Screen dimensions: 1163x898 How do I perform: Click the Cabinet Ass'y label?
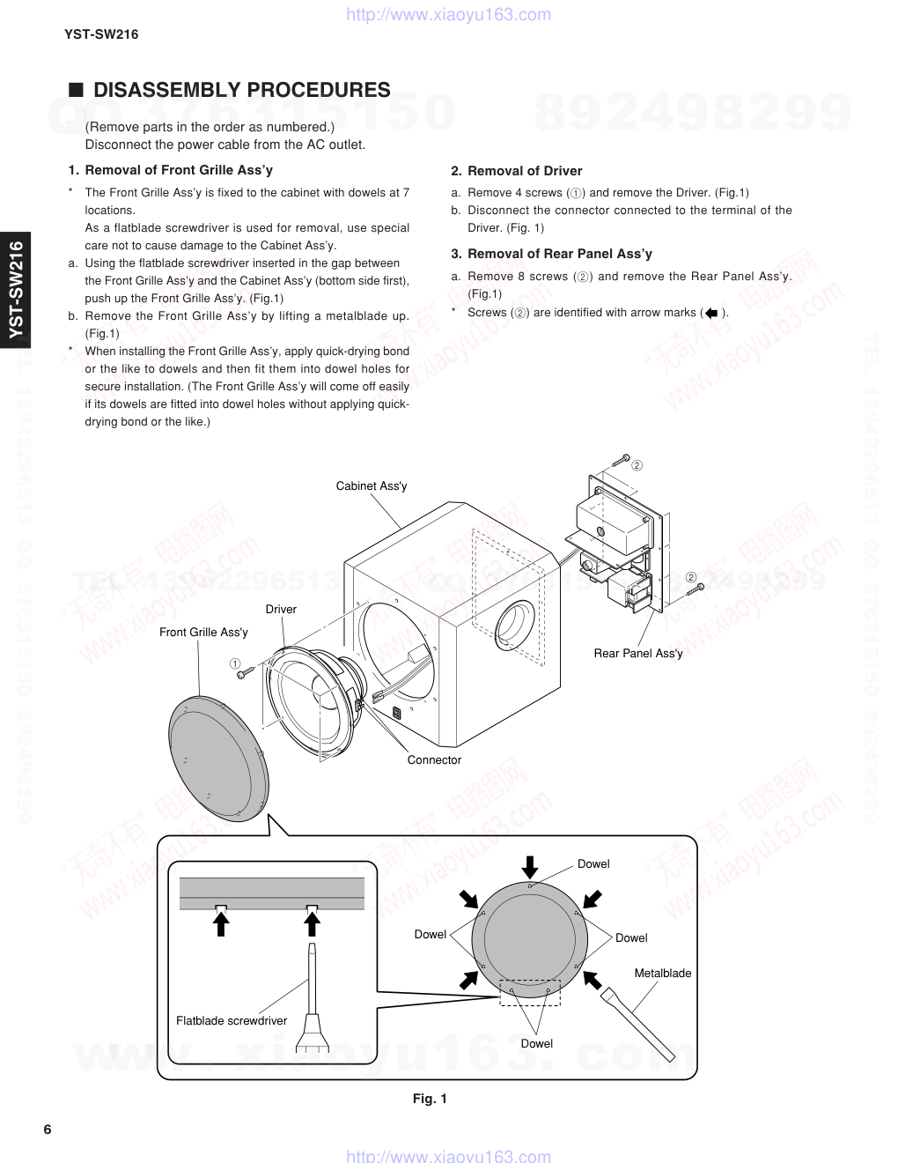pyautogui.click(x=372, y=486)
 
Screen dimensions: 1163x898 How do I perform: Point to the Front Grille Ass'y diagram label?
pyautogui.click(x=203, y=633)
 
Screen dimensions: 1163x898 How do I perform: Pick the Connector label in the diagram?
pyautogui.click(x=434, y=760)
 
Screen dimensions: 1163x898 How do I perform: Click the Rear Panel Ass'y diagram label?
pyautogui.click(x=638, y=654)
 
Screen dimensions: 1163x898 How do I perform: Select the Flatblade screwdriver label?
pyautogui.click(x=232, y=1021)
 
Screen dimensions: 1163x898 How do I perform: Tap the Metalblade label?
pyautogui.click(x=663, y=974)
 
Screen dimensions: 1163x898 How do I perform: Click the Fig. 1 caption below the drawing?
pyautogui.click(x=431, y=1099)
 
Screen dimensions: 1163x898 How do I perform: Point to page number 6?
pyautogui.click(x=48, y=1130)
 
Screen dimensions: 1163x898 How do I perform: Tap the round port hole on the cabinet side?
pyautogui.click(x=515, y=625)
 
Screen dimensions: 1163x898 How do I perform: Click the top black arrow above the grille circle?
pyautogui.click(x=529, y=865)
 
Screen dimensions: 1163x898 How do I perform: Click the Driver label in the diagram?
pyautogui.click(x=281, y=610)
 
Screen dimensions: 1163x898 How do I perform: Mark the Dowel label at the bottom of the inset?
pyautogui.click(x=536, y=1044)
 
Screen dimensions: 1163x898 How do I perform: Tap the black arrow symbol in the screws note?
pyautogui.click(x=712, y=313)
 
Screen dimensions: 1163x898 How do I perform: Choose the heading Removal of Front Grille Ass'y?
pyautogui.click(x=170, y=170)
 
